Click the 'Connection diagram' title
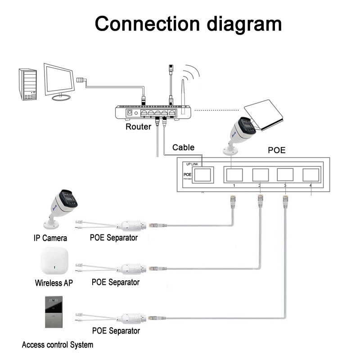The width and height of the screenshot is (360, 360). tap(188, 23)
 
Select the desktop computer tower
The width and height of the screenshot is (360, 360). tap(27, 84)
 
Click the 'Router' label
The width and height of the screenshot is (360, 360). tap(138, 126)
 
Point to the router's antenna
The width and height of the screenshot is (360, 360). tap(183, 93)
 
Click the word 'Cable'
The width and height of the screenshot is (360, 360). tap(184, 147)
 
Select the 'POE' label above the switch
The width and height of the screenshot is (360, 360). tap(277, 150)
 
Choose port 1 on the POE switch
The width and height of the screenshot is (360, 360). tap(234, 174)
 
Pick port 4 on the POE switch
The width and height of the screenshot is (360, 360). tap(311, 174)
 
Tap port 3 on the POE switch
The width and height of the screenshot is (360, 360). tap(285, 174)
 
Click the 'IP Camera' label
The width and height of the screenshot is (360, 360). tap(50, 238)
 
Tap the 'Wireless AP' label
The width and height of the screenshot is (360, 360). tap(54, 283)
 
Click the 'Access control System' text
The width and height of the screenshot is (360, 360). tap(58, 345)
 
